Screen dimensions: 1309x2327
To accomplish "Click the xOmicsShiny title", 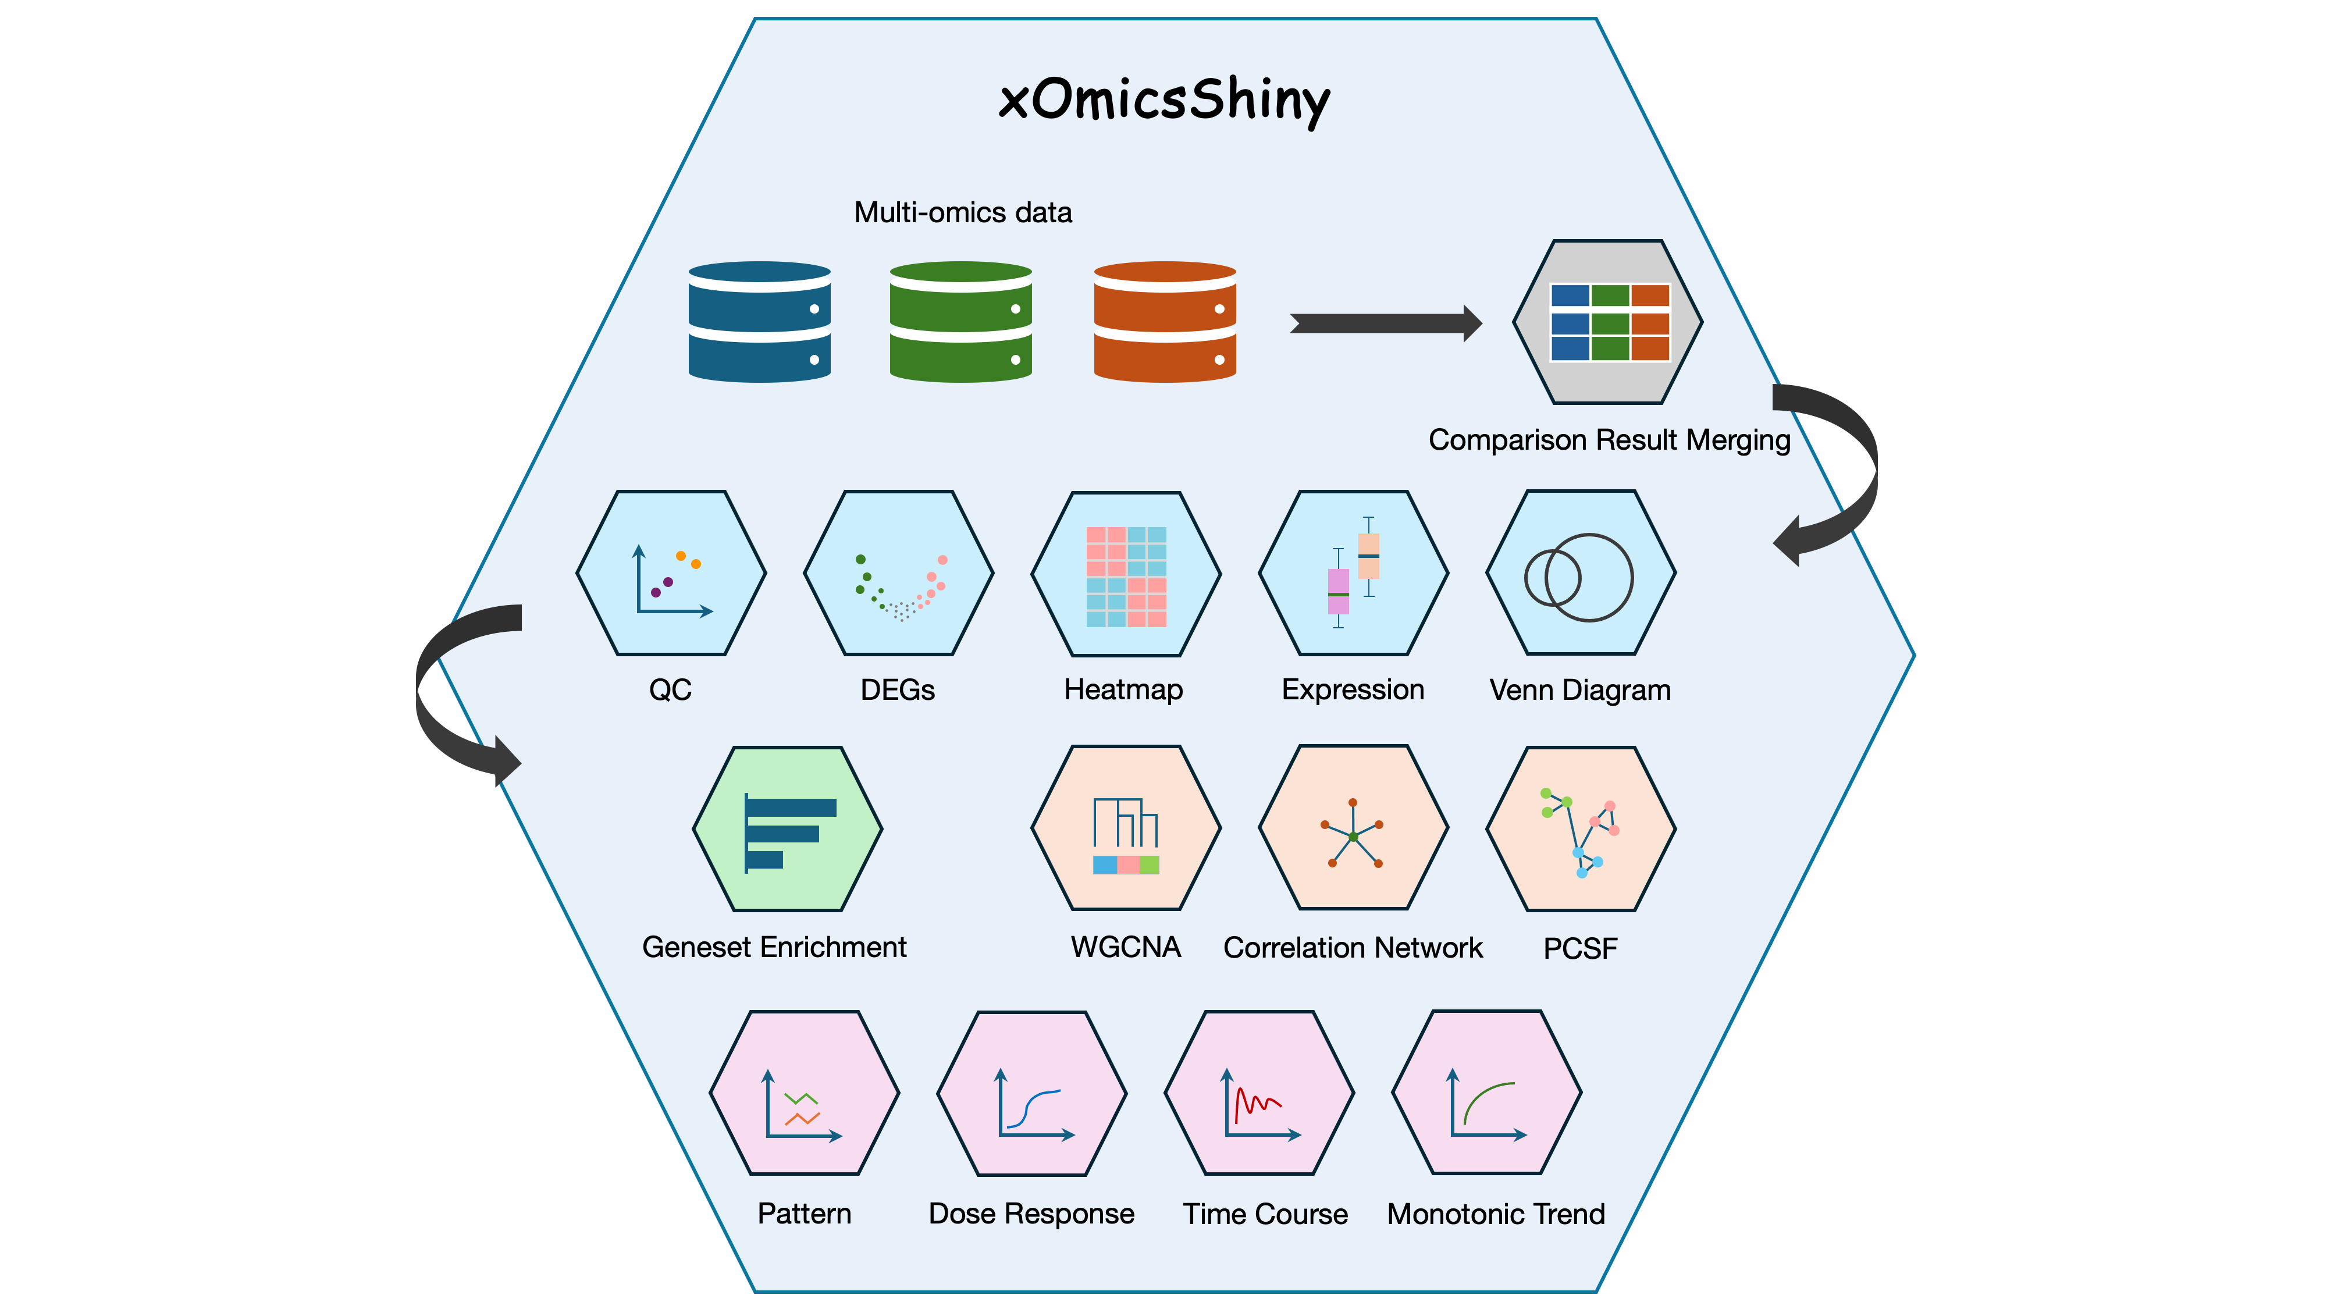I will tap(1163, 99).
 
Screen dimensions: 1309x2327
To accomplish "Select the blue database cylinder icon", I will tap(759, 322).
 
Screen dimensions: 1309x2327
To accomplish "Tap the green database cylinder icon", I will tap(960, 322).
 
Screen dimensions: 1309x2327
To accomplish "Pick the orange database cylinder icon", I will tap(1165, 322).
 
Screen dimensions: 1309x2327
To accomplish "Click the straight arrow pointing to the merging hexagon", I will tap(1385, 323).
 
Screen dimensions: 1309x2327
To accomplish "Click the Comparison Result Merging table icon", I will tap(1609, 322).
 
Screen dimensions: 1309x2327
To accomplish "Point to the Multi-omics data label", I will tap(963, 212).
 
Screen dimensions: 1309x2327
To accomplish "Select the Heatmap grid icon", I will tap(1126, 577).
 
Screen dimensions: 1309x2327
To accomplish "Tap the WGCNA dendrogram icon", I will tap(1126, 835).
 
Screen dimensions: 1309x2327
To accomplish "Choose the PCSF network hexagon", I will tap(1581, 828).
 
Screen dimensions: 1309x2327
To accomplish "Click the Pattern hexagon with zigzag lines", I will tap(804, 1093).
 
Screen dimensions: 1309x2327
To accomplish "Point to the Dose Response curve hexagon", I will tap(1031, 1093).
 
